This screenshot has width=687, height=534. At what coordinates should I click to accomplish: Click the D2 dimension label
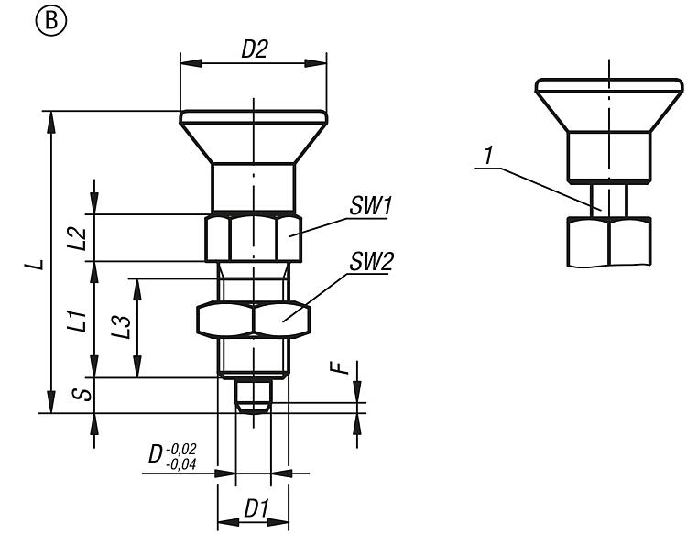click(x=254, y=51)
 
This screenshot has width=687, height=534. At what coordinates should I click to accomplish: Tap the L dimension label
click(x=35, y=265)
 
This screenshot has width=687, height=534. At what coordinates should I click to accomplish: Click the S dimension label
click(x=83, y=394)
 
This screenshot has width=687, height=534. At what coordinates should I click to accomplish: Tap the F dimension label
click(x=340, y=368)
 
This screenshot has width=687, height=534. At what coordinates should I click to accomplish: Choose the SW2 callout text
click(x=370, y=263)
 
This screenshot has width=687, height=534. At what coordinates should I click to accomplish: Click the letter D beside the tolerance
click(x=158, y=455)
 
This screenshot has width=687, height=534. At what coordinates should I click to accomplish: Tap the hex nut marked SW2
click(x=254, y=318)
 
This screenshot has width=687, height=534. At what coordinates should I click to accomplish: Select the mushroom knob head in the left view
click(x=253, y=137)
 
